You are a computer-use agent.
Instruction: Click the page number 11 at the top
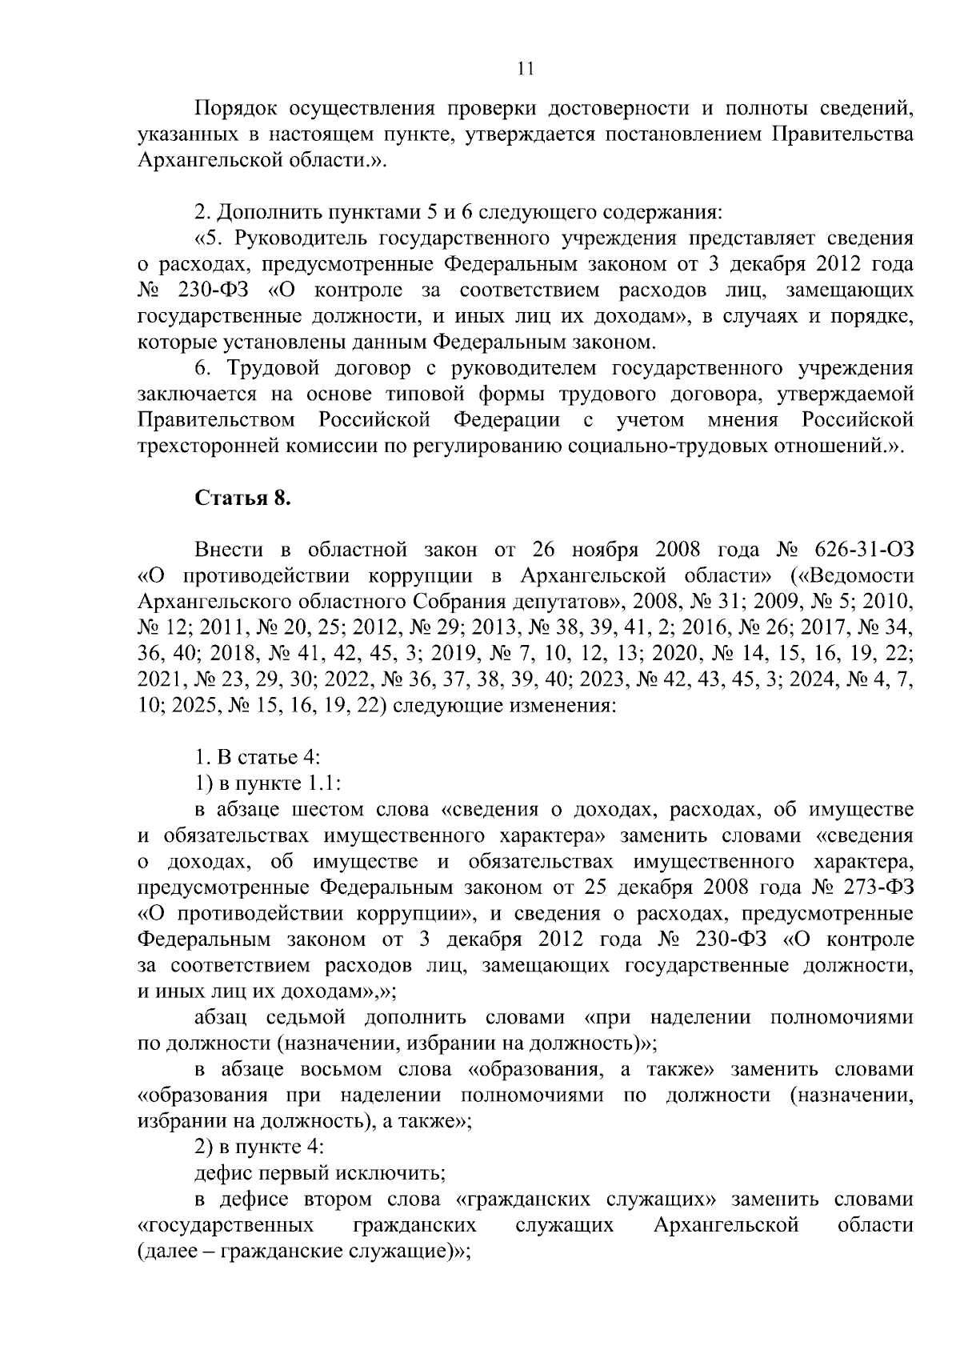point(525,69)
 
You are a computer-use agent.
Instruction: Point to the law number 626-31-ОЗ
point(863,550)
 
